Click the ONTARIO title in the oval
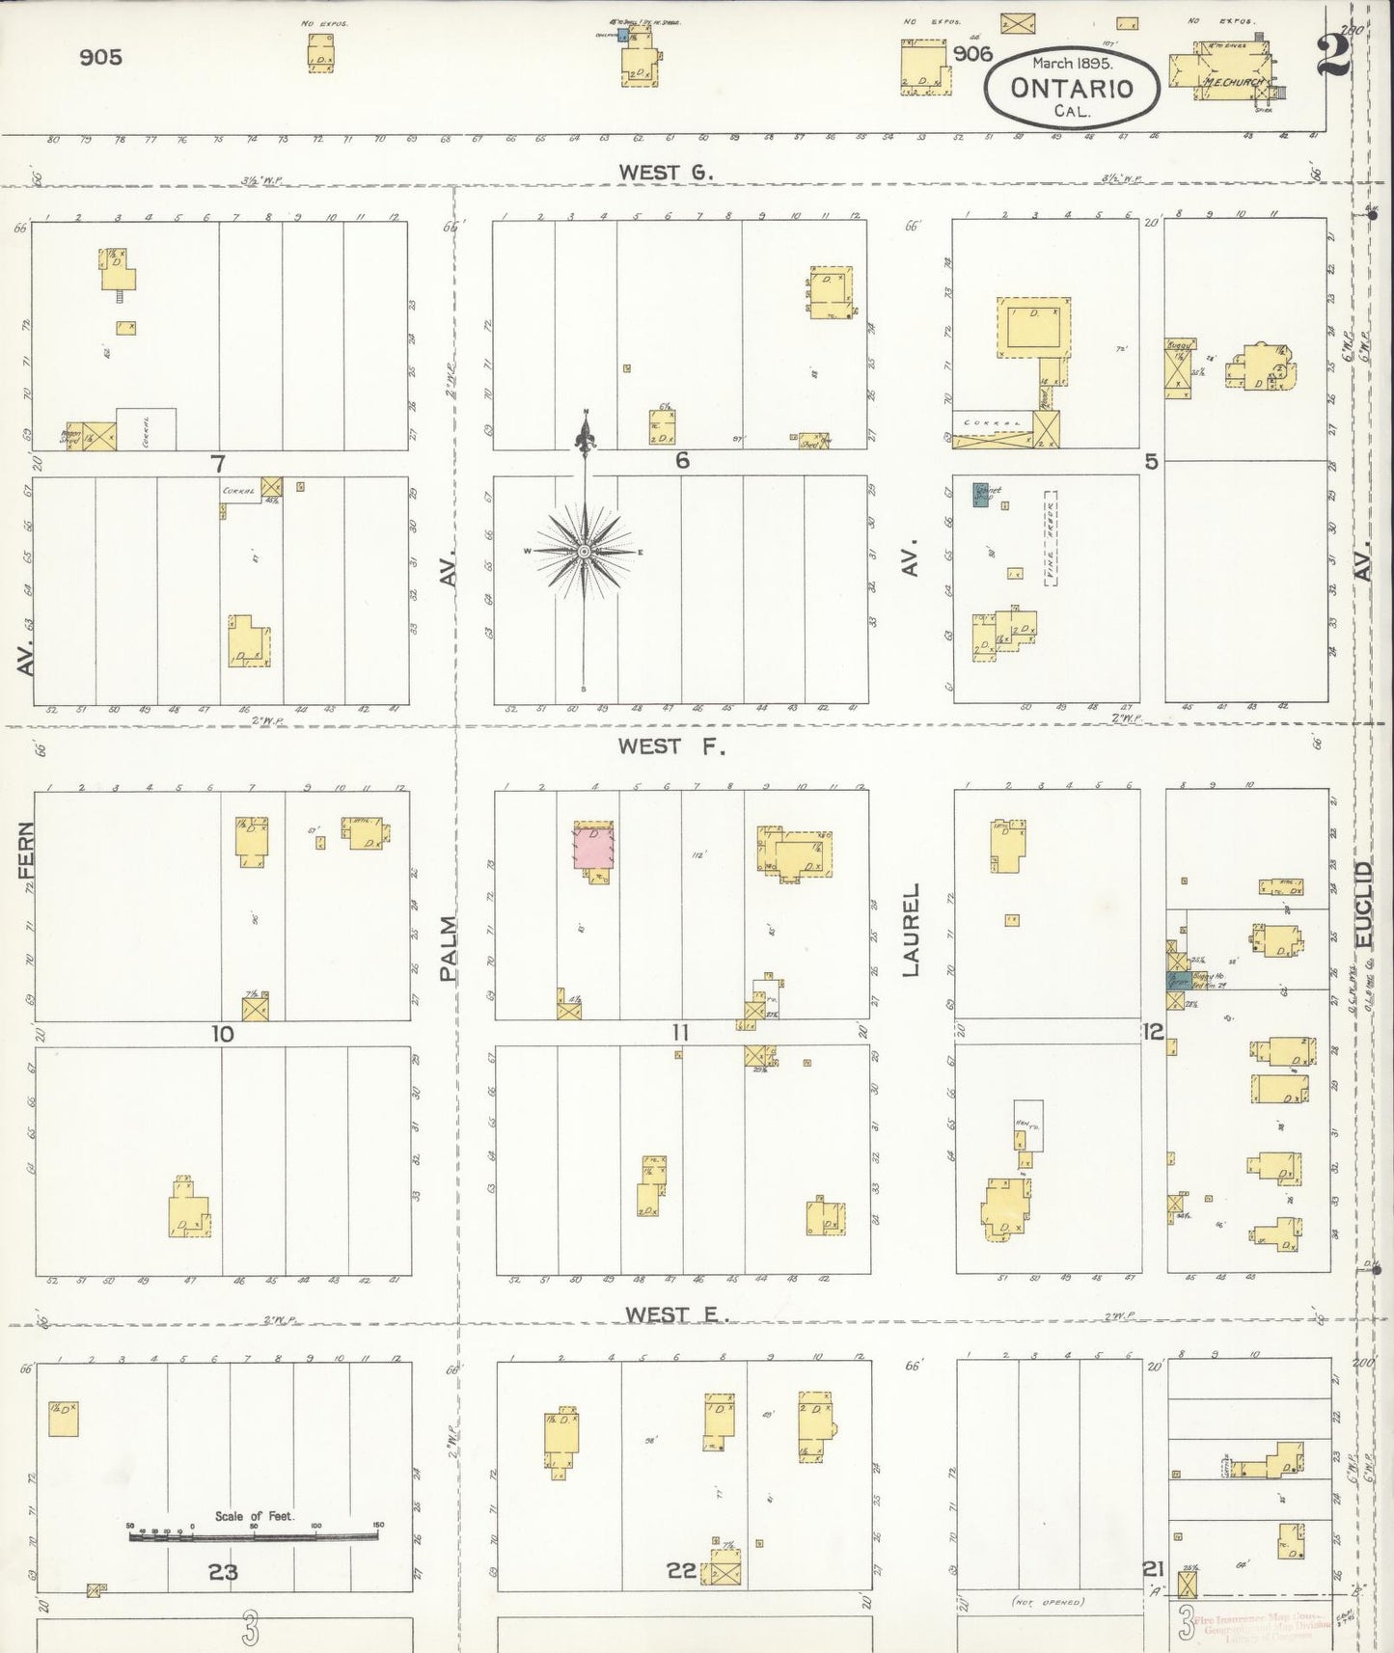coord(1071,88)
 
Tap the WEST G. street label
coord(666,173)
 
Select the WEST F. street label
coord(671,745)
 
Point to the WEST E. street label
coord(675,1314)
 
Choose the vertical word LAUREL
coord(911,930)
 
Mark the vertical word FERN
coord(25,850)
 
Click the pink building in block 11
coord(594,847)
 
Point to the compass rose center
coord(584,551)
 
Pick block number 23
coord(223,1571)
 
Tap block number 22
coord(681,1570)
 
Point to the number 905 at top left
coord(101,57)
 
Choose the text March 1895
coord(1072,63)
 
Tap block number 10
coord(223,1034)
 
